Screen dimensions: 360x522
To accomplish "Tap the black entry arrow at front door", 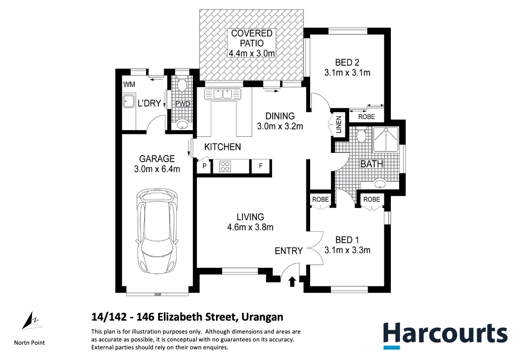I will tap(292, 281).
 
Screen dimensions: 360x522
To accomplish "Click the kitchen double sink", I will tap(223, 94).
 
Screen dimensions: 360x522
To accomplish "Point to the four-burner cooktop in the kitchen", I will tap(225, 166).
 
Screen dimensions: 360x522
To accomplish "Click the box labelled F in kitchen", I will tap(261, 166).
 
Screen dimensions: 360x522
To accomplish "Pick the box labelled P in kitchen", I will tap(204, 166).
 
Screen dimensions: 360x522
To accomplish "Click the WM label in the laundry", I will tap(128, 84).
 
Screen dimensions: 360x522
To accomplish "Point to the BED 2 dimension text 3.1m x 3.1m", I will tap(346, 72).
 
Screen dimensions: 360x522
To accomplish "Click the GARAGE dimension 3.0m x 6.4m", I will tap(157, 169).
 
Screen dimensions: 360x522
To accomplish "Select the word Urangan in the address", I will tap(262, 317).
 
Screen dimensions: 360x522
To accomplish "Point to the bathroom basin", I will tap(380, 183).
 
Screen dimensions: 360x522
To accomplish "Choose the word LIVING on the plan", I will tap(250, 217).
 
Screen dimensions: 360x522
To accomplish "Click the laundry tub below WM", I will tap(128, 101).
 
